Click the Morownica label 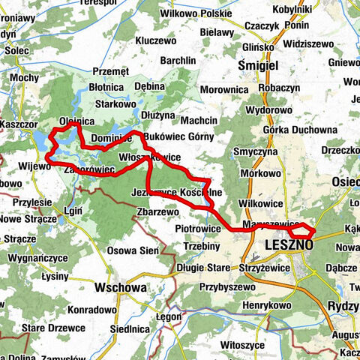pyautogui.click(x=225, y=90)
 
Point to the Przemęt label pyautogui.click(x=112, y=72)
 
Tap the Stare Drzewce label pyautogui.click(x=49, y=328)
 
